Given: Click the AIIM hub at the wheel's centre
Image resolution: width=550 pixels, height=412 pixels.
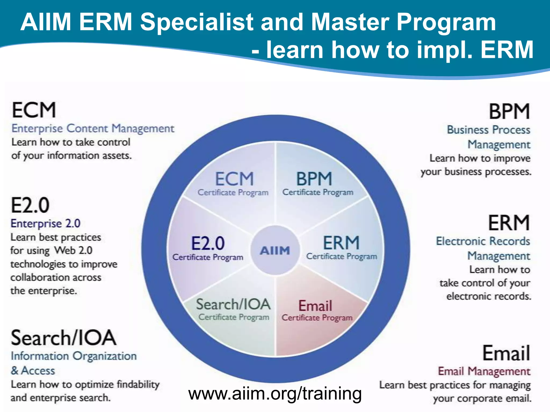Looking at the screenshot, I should [x=275, y=250].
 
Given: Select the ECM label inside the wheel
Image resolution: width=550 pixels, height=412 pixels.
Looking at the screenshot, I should [x=234, y=179].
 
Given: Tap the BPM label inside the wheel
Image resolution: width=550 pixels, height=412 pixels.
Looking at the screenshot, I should [x=314, y=179].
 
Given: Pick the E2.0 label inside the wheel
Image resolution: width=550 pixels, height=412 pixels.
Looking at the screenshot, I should [x=208, y=243].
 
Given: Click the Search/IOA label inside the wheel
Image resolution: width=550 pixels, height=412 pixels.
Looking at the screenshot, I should [x=233, y=304].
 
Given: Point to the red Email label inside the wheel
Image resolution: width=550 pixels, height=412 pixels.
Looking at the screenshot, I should [x=315, y=306].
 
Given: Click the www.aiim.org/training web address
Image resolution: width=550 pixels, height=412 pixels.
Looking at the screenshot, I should [x=275, y=393].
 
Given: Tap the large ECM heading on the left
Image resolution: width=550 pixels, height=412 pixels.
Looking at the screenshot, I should [x=34, y=110].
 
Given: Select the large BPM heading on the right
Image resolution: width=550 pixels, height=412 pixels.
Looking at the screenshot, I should [x=509, y=112].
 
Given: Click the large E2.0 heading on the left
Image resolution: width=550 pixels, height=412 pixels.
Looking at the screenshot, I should [x=30, y=205].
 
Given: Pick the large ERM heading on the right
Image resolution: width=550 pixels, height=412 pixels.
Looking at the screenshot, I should [x=509, y=223].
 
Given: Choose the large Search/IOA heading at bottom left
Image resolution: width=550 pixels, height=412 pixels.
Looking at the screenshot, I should [x=64, y=338].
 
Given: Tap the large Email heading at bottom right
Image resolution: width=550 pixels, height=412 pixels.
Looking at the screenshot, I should [x=506, y=353].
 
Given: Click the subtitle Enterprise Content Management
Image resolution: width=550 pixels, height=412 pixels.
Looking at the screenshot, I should [x=93, y=128].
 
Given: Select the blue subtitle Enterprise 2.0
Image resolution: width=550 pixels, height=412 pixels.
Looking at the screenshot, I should [x=45, y=223].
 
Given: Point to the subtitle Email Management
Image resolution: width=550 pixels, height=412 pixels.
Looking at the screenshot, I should [x=484, y=371].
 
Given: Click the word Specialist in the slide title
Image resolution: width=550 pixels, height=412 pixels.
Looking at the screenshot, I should [x=197, y=22].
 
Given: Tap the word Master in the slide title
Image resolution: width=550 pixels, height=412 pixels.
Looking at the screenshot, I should [x=350, y=22].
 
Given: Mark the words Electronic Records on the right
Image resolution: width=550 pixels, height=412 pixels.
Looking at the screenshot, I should [x=483, y=241].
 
